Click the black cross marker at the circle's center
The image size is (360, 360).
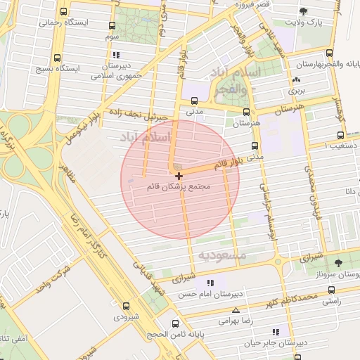180,175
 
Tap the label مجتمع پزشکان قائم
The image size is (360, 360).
179,188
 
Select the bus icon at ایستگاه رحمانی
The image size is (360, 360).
64,12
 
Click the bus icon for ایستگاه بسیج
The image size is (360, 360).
57,58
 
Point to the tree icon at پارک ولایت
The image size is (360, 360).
303,11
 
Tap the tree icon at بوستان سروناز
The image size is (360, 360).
339,262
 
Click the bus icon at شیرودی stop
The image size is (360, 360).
127,306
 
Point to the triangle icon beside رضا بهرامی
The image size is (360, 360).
236,309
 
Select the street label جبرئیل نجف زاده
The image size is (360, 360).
139,114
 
